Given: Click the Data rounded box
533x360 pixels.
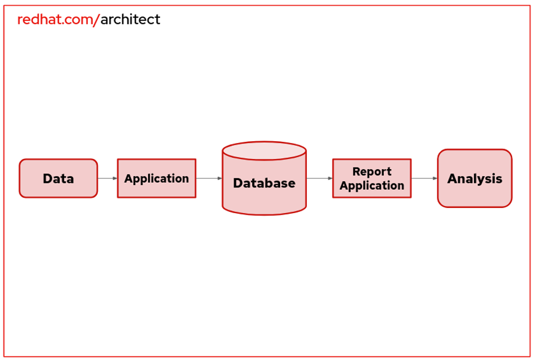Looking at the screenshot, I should coord(58,178).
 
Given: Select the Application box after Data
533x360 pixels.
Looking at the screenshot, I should coord(157,178).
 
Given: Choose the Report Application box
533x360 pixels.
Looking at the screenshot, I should coord(371,178).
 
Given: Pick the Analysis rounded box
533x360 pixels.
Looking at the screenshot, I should coord(474,178).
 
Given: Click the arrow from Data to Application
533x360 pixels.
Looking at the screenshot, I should coord(107,178).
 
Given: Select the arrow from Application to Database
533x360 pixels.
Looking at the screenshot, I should coord(208,178).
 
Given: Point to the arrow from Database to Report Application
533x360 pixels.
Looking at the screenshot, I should coord(319,178).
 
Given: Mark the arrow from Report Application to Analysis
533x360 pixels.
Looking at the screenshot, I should coord(424,178).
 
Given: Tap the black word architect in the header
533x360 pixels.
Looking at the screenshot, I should coord(130,20).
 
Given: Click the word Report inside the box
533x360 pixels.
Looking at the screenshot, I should coord(372,171).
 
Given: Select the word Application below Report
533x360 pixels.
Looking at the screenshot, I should coord(372,186).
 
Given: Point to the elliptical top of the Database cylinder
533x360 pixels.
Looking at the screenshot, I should coord(264,151).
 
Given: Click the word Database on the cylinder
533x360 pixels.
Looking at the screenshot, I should coord(264,183).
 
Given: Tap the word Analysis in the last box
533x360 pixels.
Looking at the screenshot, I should coord(474,179).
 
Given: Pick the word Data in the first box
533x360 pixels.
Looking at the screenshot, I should coord(58,179).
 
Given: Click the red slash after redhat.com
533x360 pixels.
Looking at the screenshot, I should coord(96,20).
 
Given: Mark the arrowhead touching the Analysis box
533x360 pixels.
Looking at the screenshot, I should coord(435,178).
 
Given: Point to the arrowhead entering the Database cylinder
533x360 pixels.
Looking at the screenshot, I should coord(220,178).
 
